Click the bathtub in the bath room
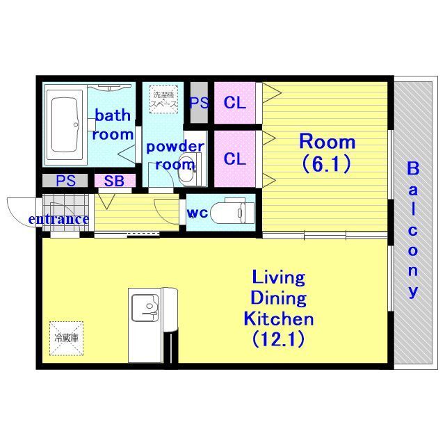tap(65, 125)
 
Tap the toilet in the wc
tap(232, 211)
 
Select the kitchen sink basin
tap(145, 307)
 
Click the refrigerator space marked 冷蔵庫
tap(67, 339)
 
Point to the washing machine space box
tap(164, 99)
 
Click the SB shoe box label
tap(114, 181)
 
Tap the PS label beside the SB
tap(65, 181)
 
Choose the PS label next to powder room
tap(200, 103)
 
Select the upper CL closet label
tap(235, 103)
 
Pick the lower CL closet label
tap(235, 159)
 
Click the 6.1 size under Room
tap(327, 164)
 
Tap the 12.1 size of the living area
tap(278, 339)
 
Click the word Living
tap(279, 277)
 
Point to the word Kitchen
tap(279, 319)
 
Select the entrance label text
tap(58, 219)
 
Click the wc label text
tap(197, 213)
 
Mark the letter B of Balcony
tap(413, 168)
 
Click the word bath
tap(113, 115)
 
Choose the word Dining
tap(279, 298)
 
